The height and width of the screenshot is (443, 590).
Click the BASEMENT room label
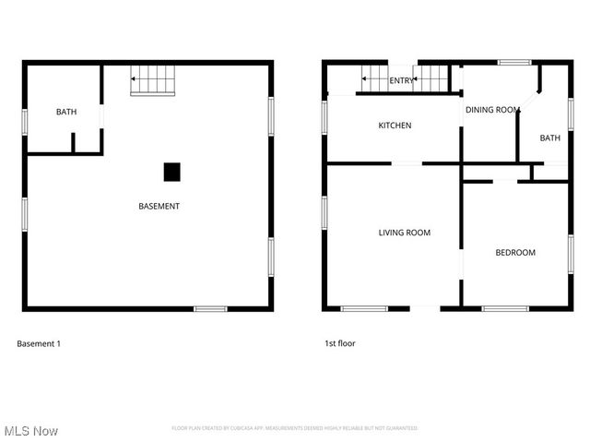point(159,206)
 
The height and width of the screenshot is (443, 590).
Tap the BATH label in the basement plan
point(66,112)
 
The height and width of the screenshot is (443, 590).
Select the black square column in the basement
point(171,172)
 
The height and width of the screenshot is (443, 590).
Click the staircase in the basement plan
point(152,80)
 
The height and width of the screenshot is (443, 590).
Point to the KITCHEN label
point(395,126)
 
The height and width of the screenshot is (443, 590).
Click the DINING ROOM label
point(492,110)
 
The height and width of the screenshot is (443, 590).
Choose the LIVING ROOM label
point(404,233)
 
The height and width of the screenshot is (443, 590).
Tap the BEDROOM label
point(514,252)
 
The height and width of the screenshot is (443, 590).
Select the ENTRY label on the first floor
point(401,81)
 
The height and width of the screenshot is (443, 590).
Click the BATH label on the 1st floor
point(549,138)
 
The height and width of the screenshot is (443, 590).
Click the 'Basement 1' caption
point(39,343)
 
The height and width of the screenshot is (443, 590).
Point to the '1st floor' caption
point(339,343)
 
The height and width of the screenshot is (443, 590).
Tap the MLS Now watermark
point(31,431)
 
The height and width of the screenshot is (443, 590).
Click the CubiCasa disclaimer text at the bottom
point(294,428)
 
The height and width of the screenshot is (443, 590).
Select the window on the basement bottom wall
point(210,308)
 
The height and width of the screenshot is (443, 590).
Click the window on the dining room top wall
point(514,63)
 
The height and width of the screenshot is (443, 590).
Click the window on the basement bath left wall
point(25,123)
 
